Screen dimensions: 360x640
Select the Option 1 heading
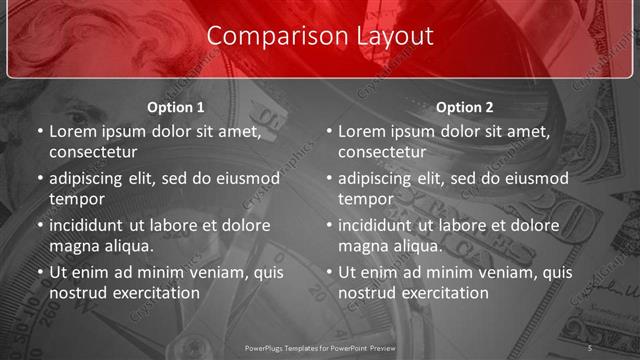click(x=176, y=106)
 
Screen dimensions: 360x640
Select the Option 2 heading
click(x=465, y=106)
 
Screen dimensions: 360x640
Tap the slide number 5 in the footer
click(x=590, y=347)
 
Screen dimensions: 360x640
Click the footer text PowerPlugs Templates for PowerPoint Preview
click(x=320, y=347)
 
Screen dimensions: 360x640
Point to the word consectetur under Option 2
click(x=382, y=152)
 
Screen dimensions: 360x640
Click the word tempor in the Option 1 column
click(x=76, y=198)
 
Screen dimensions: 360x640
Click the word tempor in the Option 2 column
click(x=365, y=198)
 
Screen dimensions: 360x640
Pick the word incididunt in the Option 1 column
click(x=92, y=225)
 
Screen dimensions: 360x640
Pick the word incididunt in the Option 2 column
click(x=381, y=225)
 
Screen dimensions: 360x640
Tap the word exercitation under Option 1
click(x=153, y=292)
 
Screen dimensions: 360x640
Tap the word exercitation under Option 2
click(x=442, y=292)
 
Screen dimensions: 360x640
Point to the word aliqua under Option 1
click(x=129, y=245)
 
